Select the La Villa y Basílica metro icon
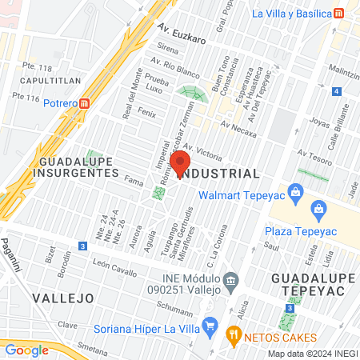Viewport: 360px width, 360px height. pyautogui.click(x=340, y=14)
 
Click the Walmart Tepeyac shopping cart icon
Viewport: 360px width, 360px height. pyautogui.click(x=296, y=192)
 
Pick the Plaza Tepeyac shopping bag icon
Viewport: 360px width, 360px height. pyautogui.click(x=319, y=210)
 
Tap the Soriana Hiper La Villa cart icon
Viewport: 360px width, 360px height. pyautogui.click(x=210, y=325)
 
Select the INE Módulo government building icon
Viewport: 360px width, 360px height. pyautogui.click(x=231, y=280)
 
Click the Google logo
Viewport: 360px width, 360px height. pyautogui.click(x=26, y=350)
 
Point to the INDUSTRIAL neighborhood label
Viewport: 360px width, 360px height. pyautogui.click(x=220, y=174)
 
